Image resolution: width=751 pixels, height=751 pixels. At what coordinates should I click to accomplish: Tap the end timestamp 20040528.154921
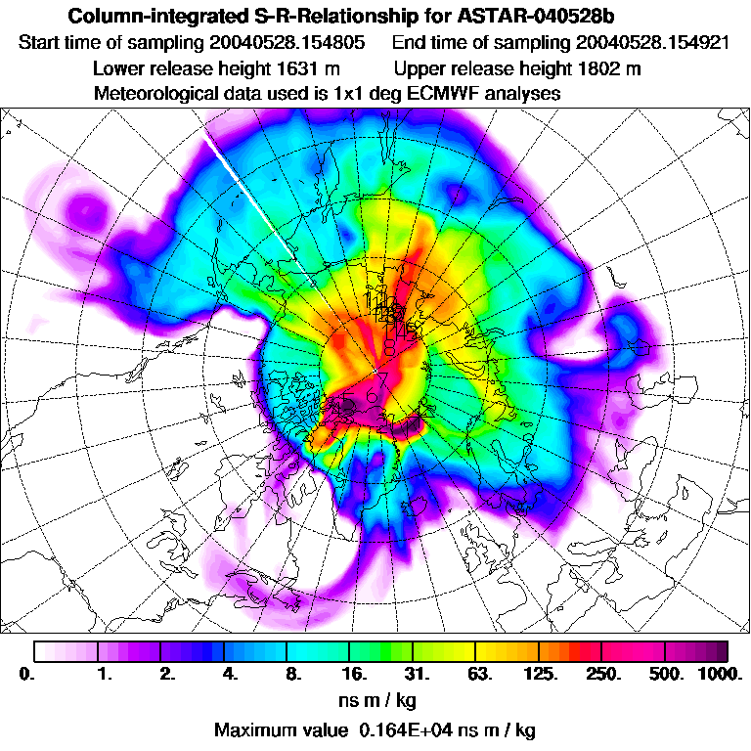pyautogui.click(x=652, y=44)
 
